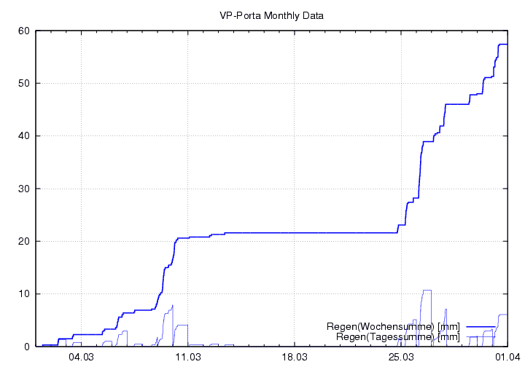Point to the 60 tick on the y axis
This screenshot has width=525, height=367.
pyautogui.click(x=23, y=31)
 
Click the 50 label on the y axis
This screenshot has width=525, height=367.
pyautogui.click(x=23, y=83)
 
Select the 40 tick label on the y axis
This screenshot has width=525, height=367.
pyautogui.click(x=23, y=136)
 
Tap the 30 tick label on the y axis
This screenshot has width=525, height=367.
pyautogui.click(x=23, y=189)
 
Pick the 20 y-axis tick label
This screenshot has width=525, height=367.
pyautogui.click(x=23, y=241)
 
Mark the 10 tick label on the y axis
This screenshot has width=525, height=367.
pyautogui.click(x=23, y=294)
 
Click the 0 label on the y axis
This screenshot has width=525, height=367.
pyautogui.click(x=26, y=347)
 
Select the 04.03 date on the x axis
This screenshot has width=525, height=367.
pyautogui.click(x=82, y=358)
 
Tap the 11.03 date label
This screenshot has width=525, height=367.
pyautogui.click(x=188, y=358)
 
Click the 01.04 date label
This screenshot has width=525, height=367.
pyautogui.click(x=507, y=358)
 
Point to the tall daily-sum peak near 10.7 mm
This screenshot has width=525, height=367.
pyautogui.click(x=427, y=290)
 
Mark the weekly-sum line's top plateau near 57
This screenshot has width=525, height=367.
pyautogui.click(x=503, y=44)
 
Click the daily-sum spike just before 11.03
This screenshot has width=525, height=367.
pyautogui.click(x=172, y=306)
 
